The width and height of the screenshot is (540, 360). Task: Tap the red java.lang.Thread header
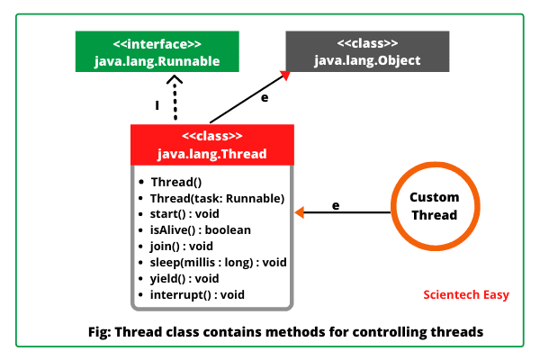[x=212, y=145]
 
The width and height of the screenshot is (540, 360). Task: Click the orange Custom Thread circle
[x=434, y=207]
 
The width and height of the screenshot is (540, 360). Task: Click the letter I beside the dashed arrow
[x=157, y=105]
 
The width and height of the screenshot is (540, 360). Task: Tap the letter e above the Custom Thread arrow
[x=336, y=205]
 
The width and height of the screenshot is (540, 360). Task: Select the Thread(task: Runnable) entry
[x=218, y=197]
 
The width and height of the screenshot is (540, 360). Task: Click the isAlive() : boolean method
[x=201, y=229]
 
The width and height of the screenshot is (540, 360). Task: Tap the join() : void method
[x=182, y=246]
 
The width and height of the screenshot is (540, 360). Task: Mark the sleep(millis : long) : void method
[x=219, y=262]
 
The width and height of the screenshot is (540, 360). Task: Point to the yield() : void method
[x=185, y=278]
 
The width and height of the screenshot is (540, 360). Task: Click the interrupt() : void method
[x=198, y=294]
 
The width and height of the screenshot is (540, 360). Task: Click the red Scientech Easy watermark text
[x=465, y=294]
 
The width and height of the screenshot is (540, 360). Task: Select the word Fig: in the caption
[x=96, y=331]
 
